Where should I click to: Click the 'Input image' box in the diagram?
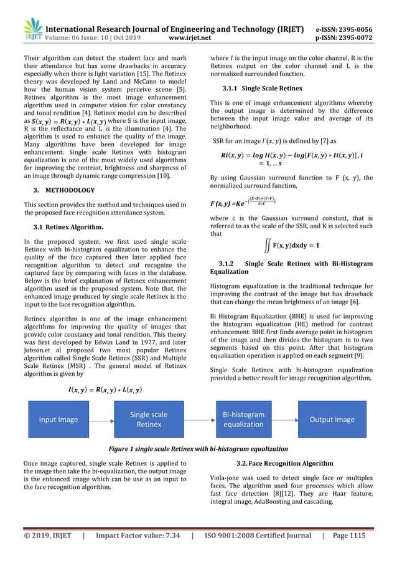pos(58,420)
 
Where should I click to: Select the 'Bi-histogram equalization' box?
pos(243,420)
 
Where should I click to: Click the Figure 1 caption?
pos(199,449)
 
